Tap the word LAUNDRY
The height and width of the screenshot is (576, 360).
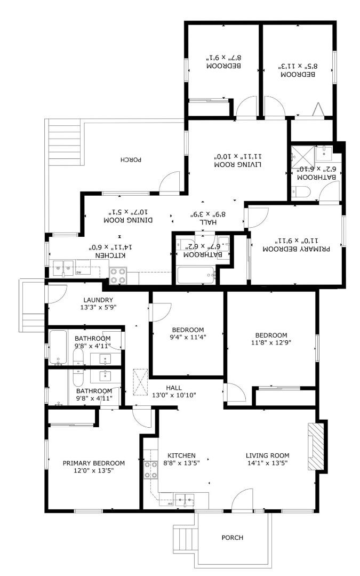99,300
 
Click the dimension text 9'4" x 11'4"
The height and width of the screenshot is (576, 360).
188,337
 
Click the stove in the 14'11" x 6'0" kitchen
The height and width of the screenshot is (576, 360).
117,275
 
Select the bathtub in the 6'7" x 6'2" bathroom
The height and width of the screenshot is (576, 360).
196,276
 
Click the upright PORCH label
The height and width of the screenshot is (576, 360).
233,538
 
